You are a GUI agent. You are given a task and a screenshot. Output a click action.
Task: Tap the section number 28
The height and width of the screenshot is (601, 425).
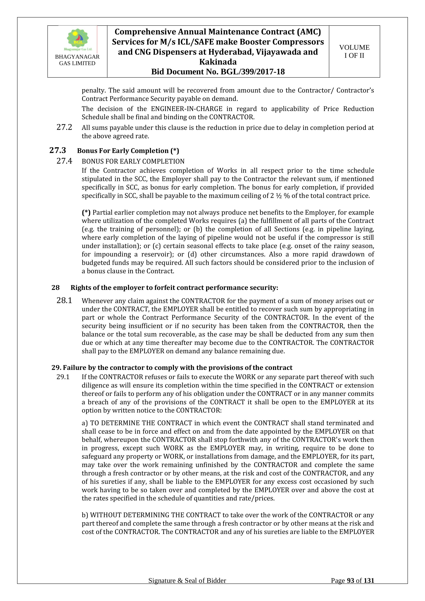tap(56, 288)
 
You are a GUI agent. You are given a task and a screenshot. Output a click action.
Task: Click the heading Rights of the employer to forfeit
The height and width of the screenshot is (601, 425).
tap(174, 288)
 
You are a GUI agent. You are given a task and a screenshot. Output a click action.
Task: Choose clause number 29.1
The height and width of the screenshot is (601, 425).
tap(63, 377)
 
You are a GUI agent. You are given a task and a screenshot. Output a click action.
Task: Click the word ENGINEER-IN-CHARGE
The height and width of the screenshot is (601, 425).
tap(187, 109)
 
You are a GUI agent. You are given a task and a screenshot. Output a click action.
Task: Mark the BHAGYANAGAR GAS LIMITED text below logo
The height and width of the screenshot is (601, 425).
tap(77, 60)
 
